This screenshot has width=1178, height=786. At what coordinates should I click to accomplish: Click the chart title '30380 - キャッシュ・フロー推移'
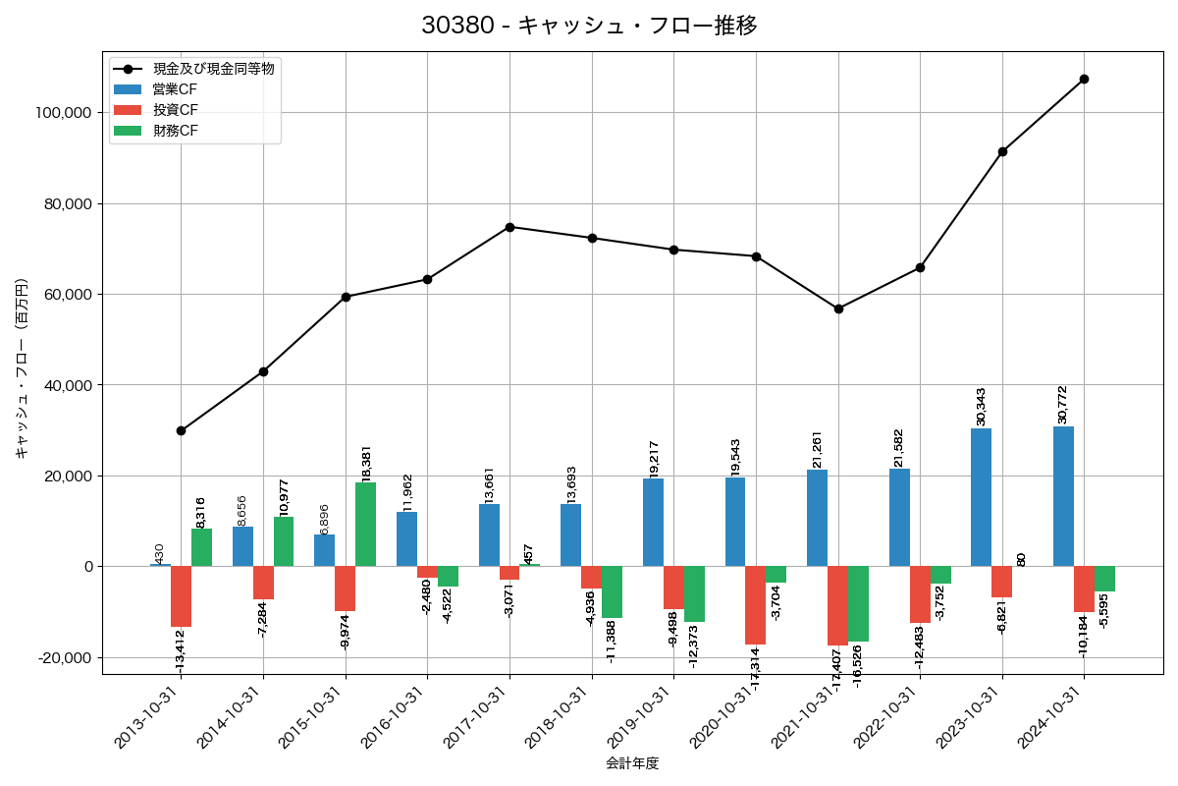click(589, 26)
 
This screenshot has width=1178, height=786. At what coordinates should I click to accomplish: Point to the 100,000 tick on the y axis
click(63, 113)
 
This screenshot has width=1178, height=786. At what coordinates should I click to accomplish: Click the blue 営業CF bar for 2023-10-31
click(981, 497)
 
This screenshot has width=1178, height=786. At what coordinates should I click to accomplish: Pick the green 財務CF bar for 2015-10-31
click(365, 525)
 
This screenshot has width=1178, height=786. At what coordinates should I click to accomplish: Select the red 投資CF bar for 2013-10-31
click(181, 596)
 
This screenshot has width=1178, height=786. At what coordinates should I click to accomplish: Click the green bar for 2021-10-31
click(858, 603)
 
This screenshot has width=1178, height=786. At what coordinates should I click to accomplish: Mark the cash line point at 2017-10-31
click(509, 227)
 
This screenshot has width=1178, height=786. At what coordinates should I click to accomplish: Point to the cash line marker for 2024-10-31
click(1084, 79)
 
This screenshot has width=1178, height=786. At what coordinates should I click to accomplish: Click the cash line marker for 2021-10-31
click(838, 309)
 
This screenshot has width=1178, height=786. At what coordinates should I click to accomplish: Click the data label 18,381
click(367, 462)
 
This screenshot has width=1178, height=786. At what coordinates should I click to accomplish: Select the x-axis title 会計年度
click(632, 763)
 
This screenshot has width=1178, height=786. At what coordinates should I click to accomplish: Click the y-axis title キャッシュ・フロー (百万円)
click(22, 369)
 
